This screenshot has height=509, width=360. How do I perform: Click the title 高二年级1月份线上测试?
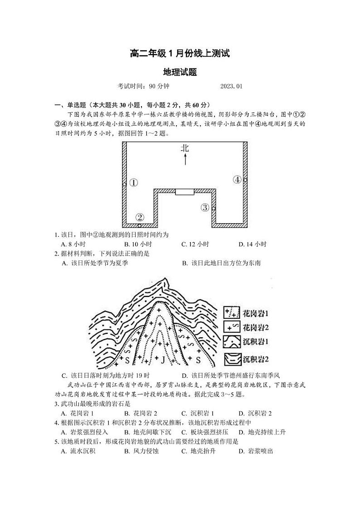(180, 54)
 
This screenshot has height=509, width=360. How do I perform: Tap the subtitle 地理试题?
(180, 72)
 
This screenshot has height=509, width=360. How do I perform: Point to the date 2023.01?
(232, 86)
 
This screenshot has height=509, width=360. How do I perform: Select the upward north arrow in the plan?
(185, 159)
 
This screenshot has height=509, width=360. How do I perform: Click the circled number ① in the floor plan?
(133, 183)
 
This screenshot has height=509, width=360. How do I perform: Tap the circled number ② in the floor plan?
(140, 217)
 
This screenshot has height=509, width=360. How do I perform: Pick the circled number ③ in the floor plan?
(205, 208)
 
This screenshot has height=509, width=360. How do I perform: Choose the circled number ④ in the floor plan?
(237, 180)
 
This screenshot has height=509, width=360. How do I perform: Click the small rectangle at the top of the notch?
(185, 192)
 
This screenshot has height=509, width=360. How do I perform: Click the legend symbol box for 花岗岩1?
(231, 313)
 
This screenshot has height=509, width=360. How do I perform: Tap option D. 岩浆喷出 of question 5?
(256, 450)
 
